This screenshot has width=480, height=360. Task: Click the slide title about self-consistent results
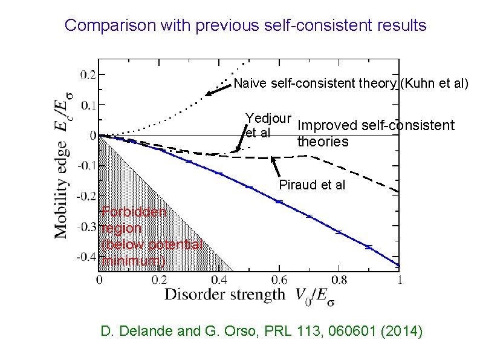point(245,25)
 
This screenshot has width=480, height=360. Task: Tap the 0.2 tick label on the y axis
point(88,75)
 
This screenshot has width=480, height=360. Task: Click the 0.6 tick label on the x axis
point(279,280)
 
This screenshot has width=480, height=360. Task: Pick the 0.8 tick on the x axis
point(339,280)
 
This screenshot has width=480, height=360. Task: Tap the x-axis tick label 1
point(399,280)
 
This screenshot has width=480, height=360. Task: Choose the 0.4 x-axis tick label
point(219,280)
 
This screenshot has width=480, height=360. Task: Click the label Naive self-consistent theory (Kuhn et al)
point(351,83)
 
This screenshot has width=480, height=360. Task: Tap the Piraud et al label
point(312,185)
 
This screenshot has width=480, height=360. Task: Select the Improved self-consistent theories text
point(375,133)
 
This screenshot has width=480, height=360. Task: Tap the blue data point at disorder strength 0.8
point(339,232)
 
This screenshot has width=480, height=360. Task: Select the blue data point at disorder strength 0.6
point(279,201)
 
